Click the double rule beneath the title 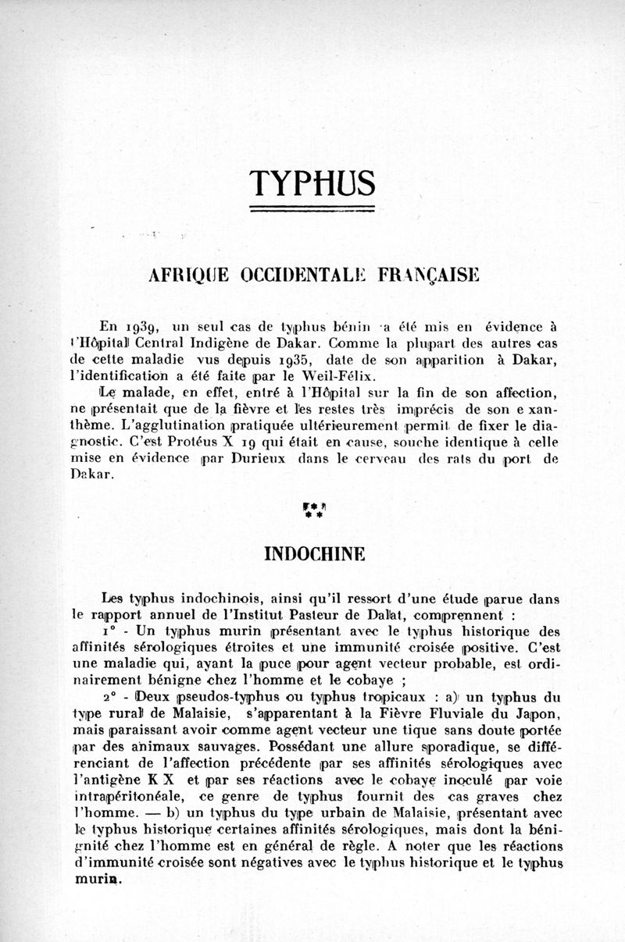pyautogui.click(x=312, y=209)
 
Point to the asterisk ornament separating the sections pyautogui.click(x=312, y=512)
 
